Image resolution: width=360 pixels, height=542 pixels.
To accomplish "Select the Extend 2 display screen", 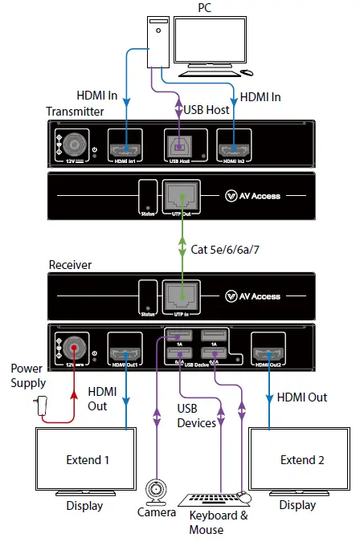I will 302,460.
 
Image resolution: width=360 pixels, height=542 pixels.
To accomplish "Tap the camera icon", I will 155,489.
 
